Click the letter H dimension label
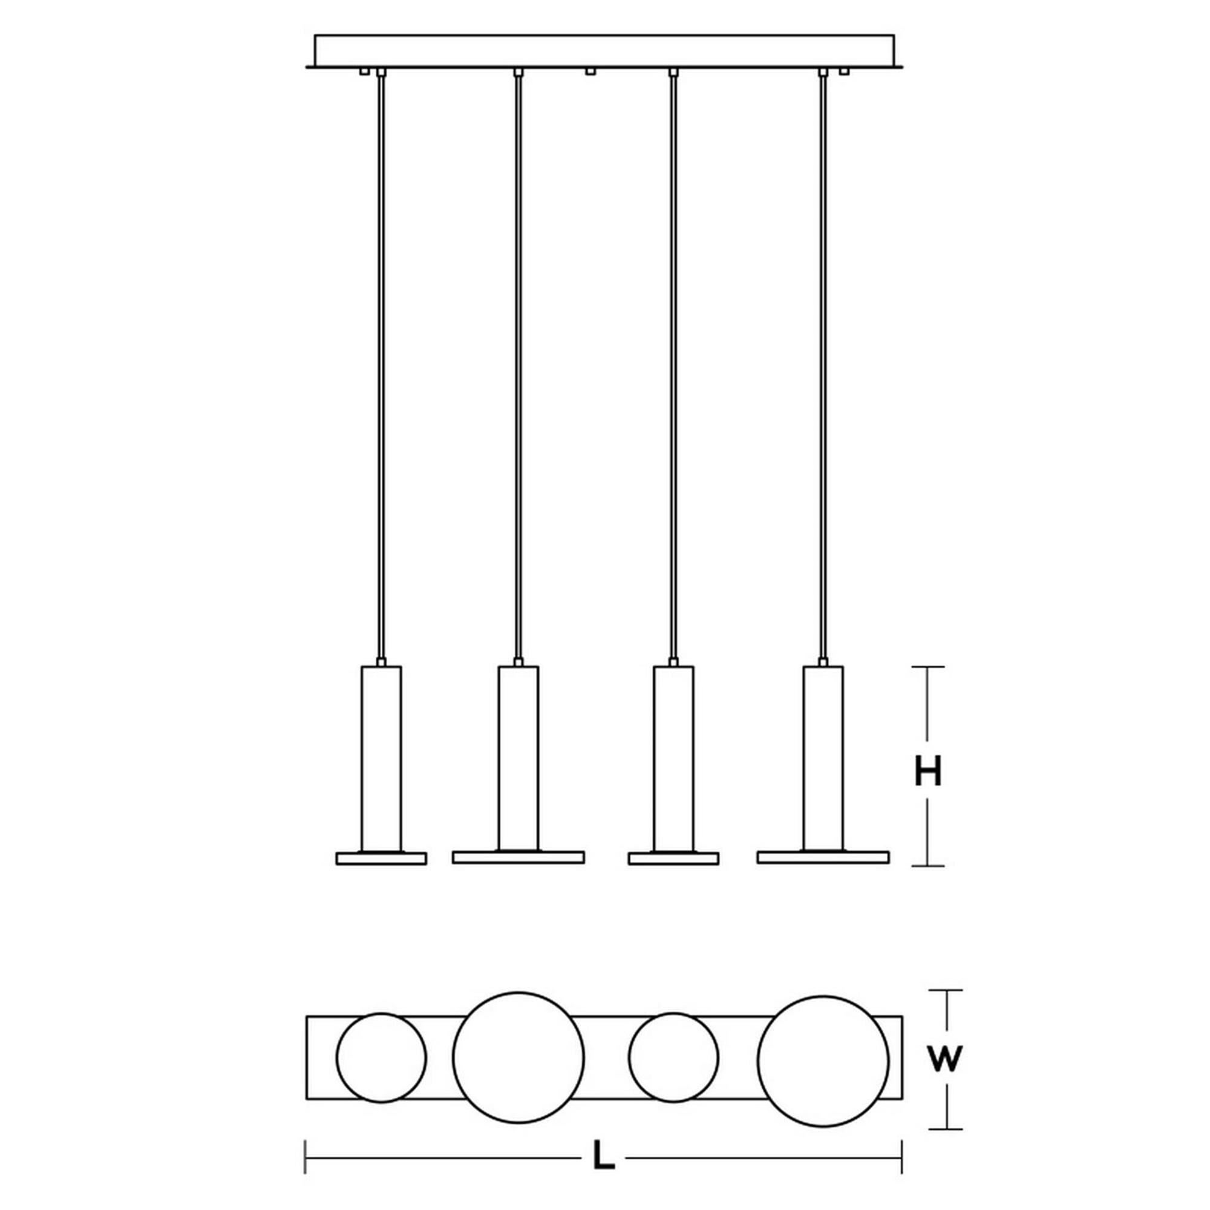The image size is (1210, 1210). point(927,771)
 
